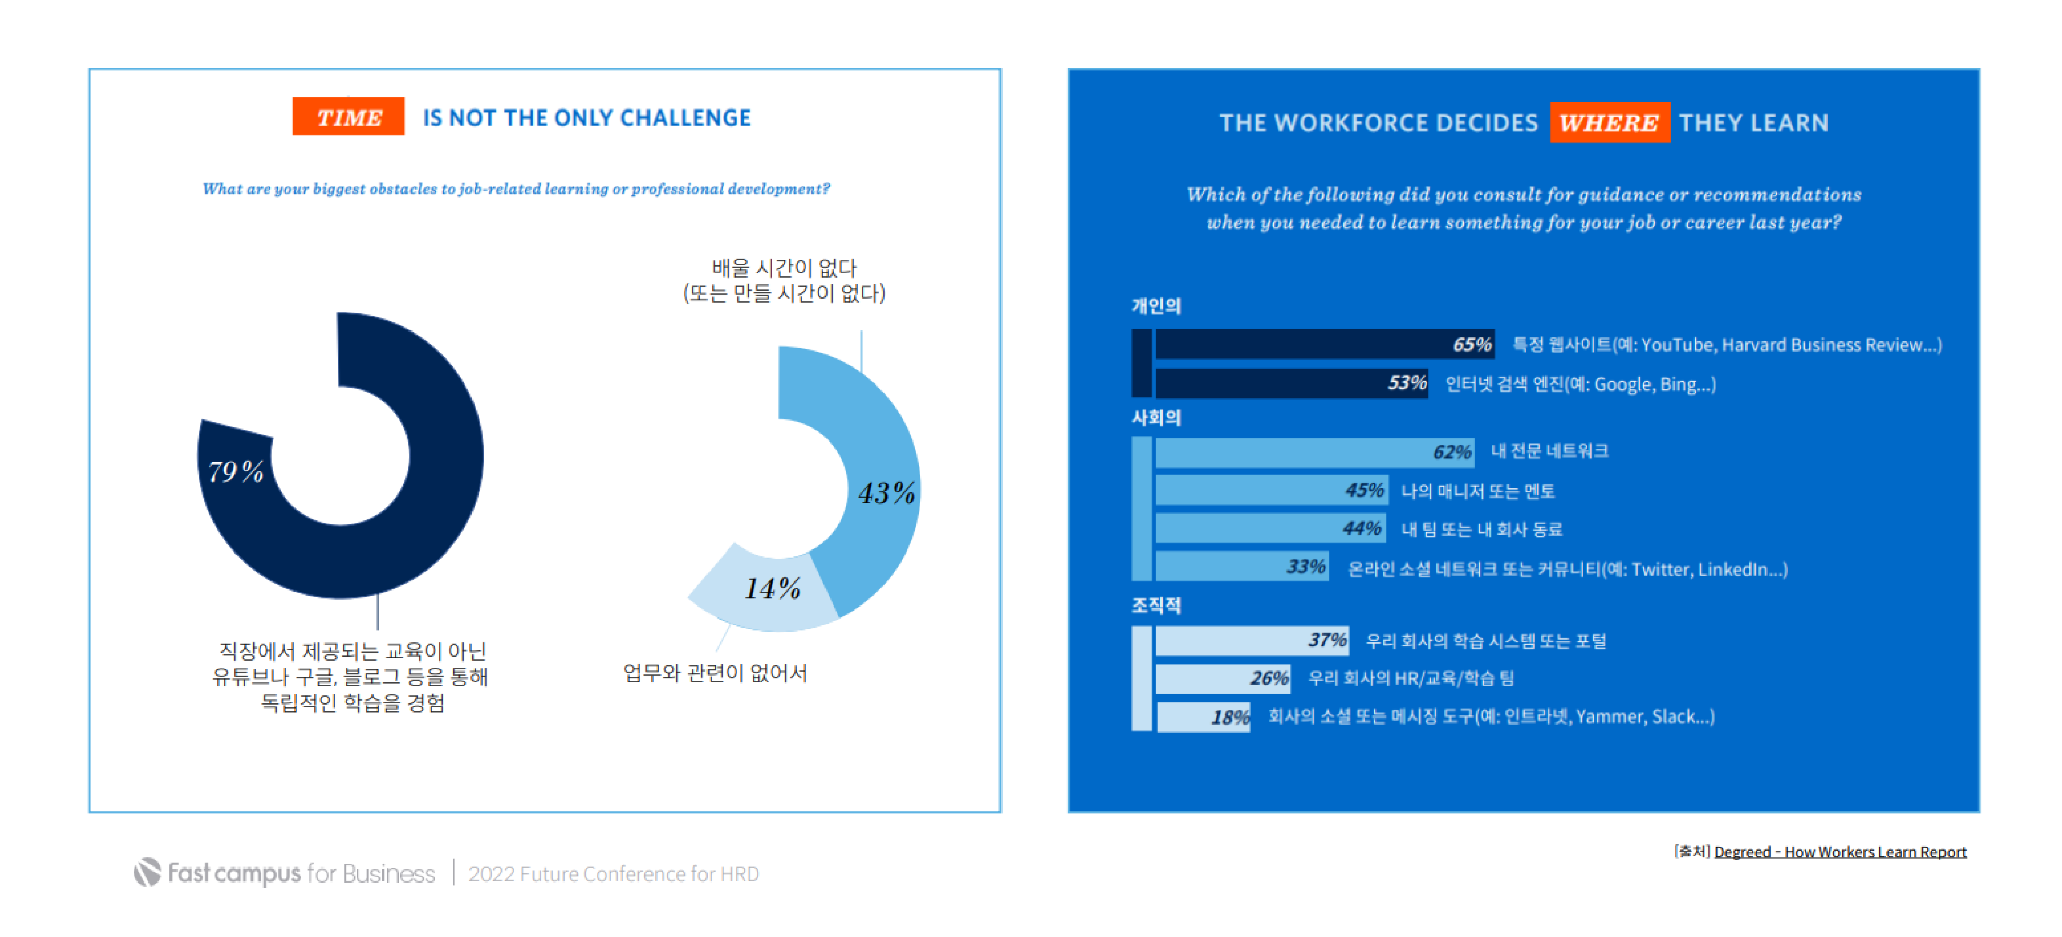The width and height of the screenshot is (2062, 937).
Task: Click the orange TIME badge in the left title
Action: coord(348,117)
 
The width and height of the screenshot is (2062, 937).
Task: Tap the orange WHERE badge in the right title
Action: coord(1609,123)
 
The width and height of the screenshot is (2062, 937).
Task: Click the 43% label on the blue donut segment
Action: coord(886,492)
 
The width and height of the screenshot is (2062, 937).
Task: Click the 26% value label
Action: coord(1269,678)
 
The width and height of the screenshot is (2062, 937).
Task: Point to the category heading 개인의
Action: coord(1155,305)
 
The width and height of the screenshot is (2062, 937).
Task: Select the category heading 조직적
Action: coord(1155,605)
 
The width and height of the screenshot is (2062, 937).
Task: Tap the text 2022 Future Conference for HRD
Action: coord(613,874)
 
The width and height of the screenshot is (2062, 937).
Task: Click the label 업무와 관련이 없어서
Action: coord(715,673)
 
